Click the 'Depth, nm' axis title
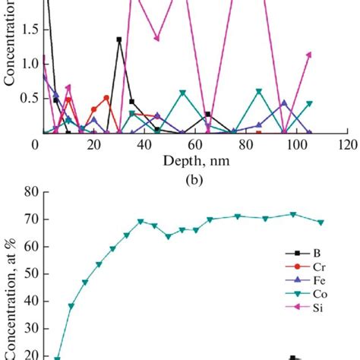(x=194, y=160)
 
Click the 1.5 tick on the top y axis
(x=27, y=31)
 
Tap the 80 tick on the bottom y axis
(x=30, y=193)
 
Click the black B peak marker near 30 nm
(x=119, y=39)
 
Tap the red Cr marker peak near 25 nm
(x=106, y=98)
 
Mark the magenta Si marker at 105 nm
(x=309, y=54)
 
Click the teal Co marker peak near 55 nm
(x=182, y=93)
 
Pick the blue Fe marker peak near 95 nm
(x=284, y=103)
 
